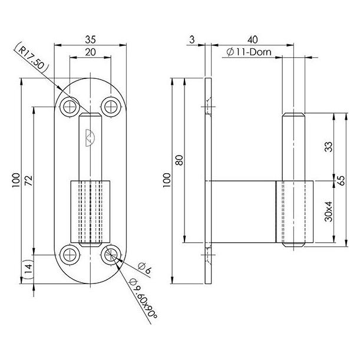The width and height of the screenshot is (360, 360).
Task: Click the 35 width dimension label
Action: (90, 39)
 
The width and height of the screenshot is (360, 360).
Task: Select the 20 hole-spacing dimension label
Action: (90, 52)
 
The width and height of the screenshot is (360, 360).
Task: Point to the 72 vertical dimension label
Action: (29, 181)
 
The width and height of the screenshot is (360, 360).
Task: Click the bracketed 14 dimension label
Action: (28, 269)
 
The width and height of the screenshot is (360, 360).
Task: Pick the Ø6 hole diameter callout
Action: (144, 269)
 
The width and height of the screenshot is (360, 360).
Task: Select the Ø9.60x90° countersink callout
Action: (143, 298)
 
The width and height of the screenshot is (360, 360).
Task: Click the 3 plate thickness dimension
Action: (192, 39)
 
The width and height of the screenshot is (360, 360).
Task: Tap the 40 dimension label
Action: (253, 39)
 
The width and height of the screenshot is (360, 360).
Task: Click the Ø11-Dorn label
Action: (249, 52)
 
